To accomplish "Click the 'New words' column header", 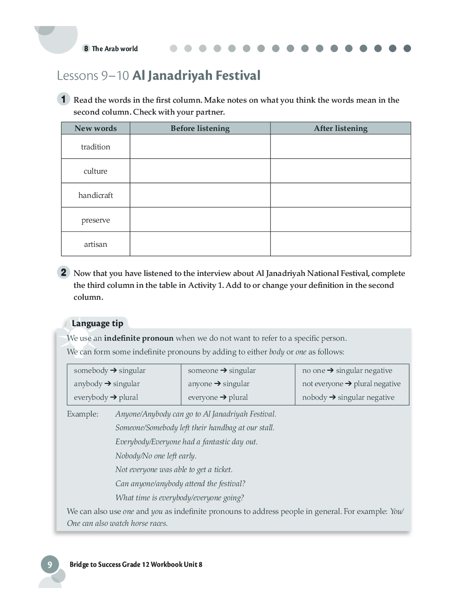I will pyautogui.click(x=96, y=128).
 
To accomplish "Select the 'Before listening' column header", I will pyautogui.click(x=200, y=128).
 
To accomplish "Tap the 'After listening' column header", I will pyautogui.click(x=341, y=128).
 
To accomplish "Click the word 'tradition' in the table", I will pyautogui.click(x=96, y=147).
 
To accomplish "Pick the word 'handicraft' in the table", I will pyautogui.click(x=96, y=195).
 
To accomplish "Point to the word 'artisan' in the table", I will pyautogui.click(x=96, y=244).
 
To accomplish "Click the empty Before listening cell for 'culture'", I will pyautogui.click(x=200, y=171).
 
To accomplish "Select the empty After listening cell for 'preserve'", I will pyautogui.click(x=341, y=220).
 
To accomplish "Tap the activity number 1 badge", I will pyautogui.click(x=63, y=99).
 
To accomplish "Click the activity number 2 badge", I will pyautogui.click(x=63, y=272).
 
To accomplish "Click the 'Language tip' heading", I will pyautogui.click(x=97, y=324).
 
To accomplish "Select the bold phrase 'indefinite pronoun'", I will pyautogui.click(x=139, y=338).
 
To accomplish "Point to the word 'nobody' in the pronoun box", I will pyautogui.click(x=315, y=397).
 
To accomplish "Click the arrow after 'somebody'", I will pyautogui.click(x=113, y=370).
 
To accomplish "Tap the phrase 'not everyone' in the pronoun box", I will pyautogui.click(x=323, y=383).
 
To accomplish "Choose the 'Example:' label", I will pyautogui.click(x=83, y=414).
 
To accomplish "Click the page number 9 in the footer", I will pyautogui.click(x=50, y=565).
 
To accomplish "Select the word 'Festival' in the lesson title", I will pyautogui.click(x=238, y=75).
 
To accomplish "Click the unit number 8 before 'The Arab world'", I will pyautogui.click(x=86, y=48).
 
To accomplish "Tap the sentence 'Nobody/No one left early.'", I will pyautogui.click(x=156, y=456).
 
